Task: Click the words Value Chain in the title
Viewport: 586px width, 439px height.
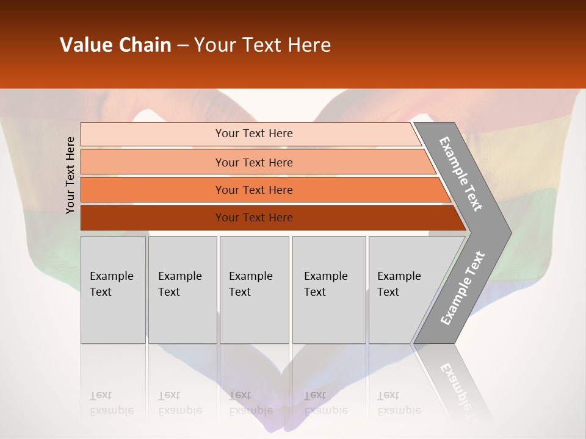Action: click(115, 45)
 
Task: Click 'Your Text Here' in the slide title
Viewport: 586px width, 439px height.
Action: click(262, 45)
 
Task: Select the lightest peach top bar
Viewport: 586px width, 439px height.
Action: click(253, 134)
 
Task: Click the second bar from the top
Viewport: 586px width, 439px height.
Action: click(253, 162)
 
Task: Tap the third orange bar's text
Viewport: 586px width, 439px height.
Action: click(253, 190)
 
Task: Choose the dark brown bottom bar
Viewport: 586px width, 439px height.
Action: click(253, 218)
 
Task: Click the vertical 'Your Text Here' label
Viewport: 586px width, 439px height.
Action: click(70, 175)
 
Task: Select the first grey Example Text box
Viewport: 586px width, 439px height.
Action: click(113, 289)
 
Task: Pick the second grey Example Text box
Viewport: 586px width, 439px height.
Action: click(182, 289)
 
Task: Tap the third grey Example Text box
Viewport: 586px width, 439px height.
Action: click(254, 289)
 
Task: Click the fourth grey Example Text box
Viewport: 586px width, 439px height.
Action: click(328, 289)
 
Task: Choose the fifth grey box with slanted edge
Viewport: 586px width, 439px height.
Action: click(403, 289)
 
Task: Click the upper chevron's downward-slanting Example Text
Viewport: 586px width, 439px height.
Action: click(461, 174)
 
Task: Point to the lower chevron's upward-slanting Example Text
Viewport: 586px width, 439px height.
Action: click(462, 288)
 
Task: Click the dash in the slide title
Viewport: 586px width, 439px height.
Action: click(183, 46)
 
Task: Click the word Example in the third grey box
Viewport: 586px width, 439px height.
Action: click(250, 276)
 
